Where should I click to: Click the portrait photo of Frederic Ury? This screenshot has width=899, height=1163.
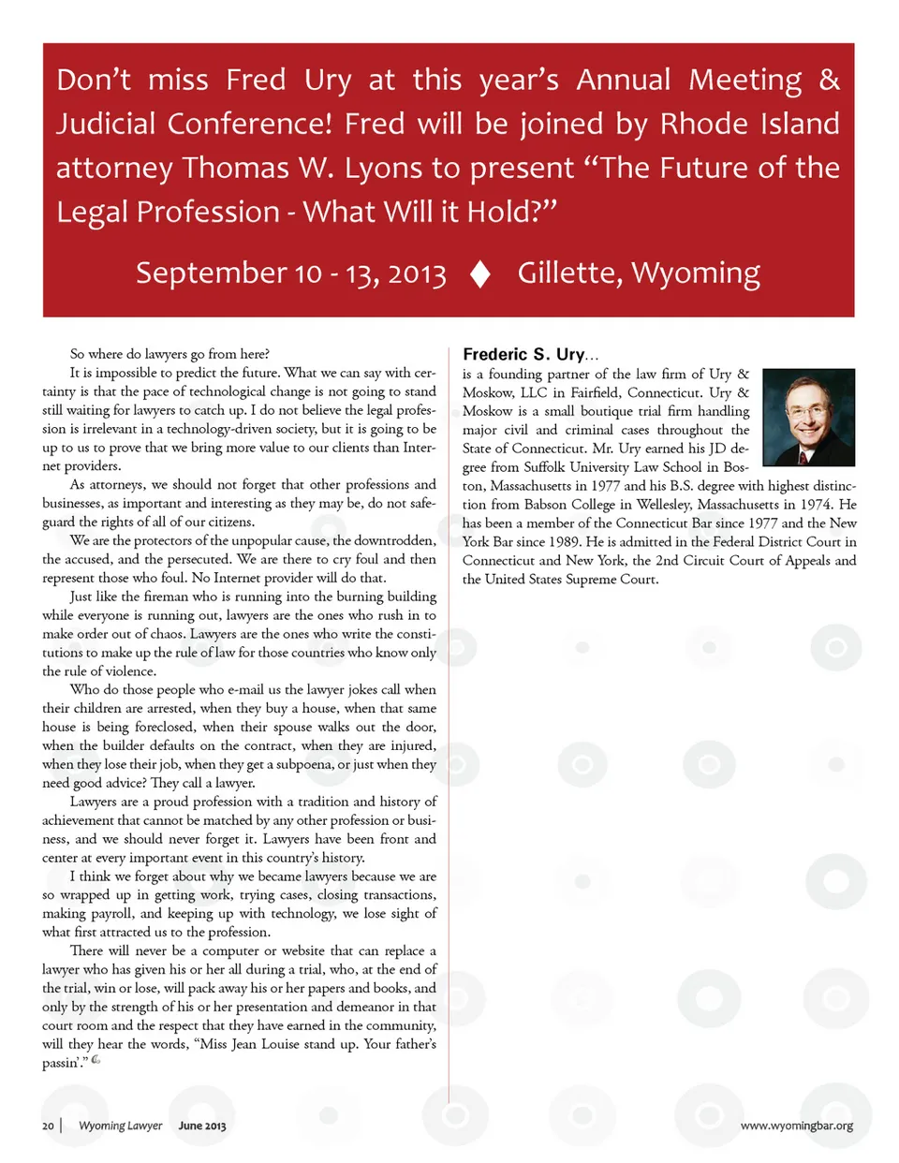tap(808, 418)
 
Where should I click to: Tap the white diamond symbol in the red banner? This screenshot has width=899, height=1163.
tap(480, 273)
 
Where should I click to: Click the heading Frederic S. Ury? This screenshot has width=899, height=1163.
tap(523, 354)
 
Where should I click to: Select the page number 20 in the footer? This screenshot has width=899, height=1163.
tap(48, 1126)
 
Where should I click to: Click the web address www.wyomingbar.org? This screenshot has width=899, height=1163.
tap(796, 1126)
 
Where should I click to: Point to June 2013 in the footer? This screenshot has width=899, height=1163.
tap(202, 1126)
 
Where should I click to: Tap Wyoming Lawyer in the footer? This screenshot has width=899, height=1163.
tap(120, 1126)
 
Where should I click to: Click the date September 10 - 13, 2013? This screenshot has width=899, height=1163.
tap(290, 273)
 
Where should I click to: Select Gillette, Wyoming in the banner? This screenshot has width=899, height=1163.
tap(639, 272)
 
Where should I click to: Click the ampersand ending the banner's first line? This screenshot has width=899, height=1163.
tap(829, 80)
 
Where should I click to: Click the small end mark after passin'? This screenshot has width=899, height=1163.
tap(96, 1060)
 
